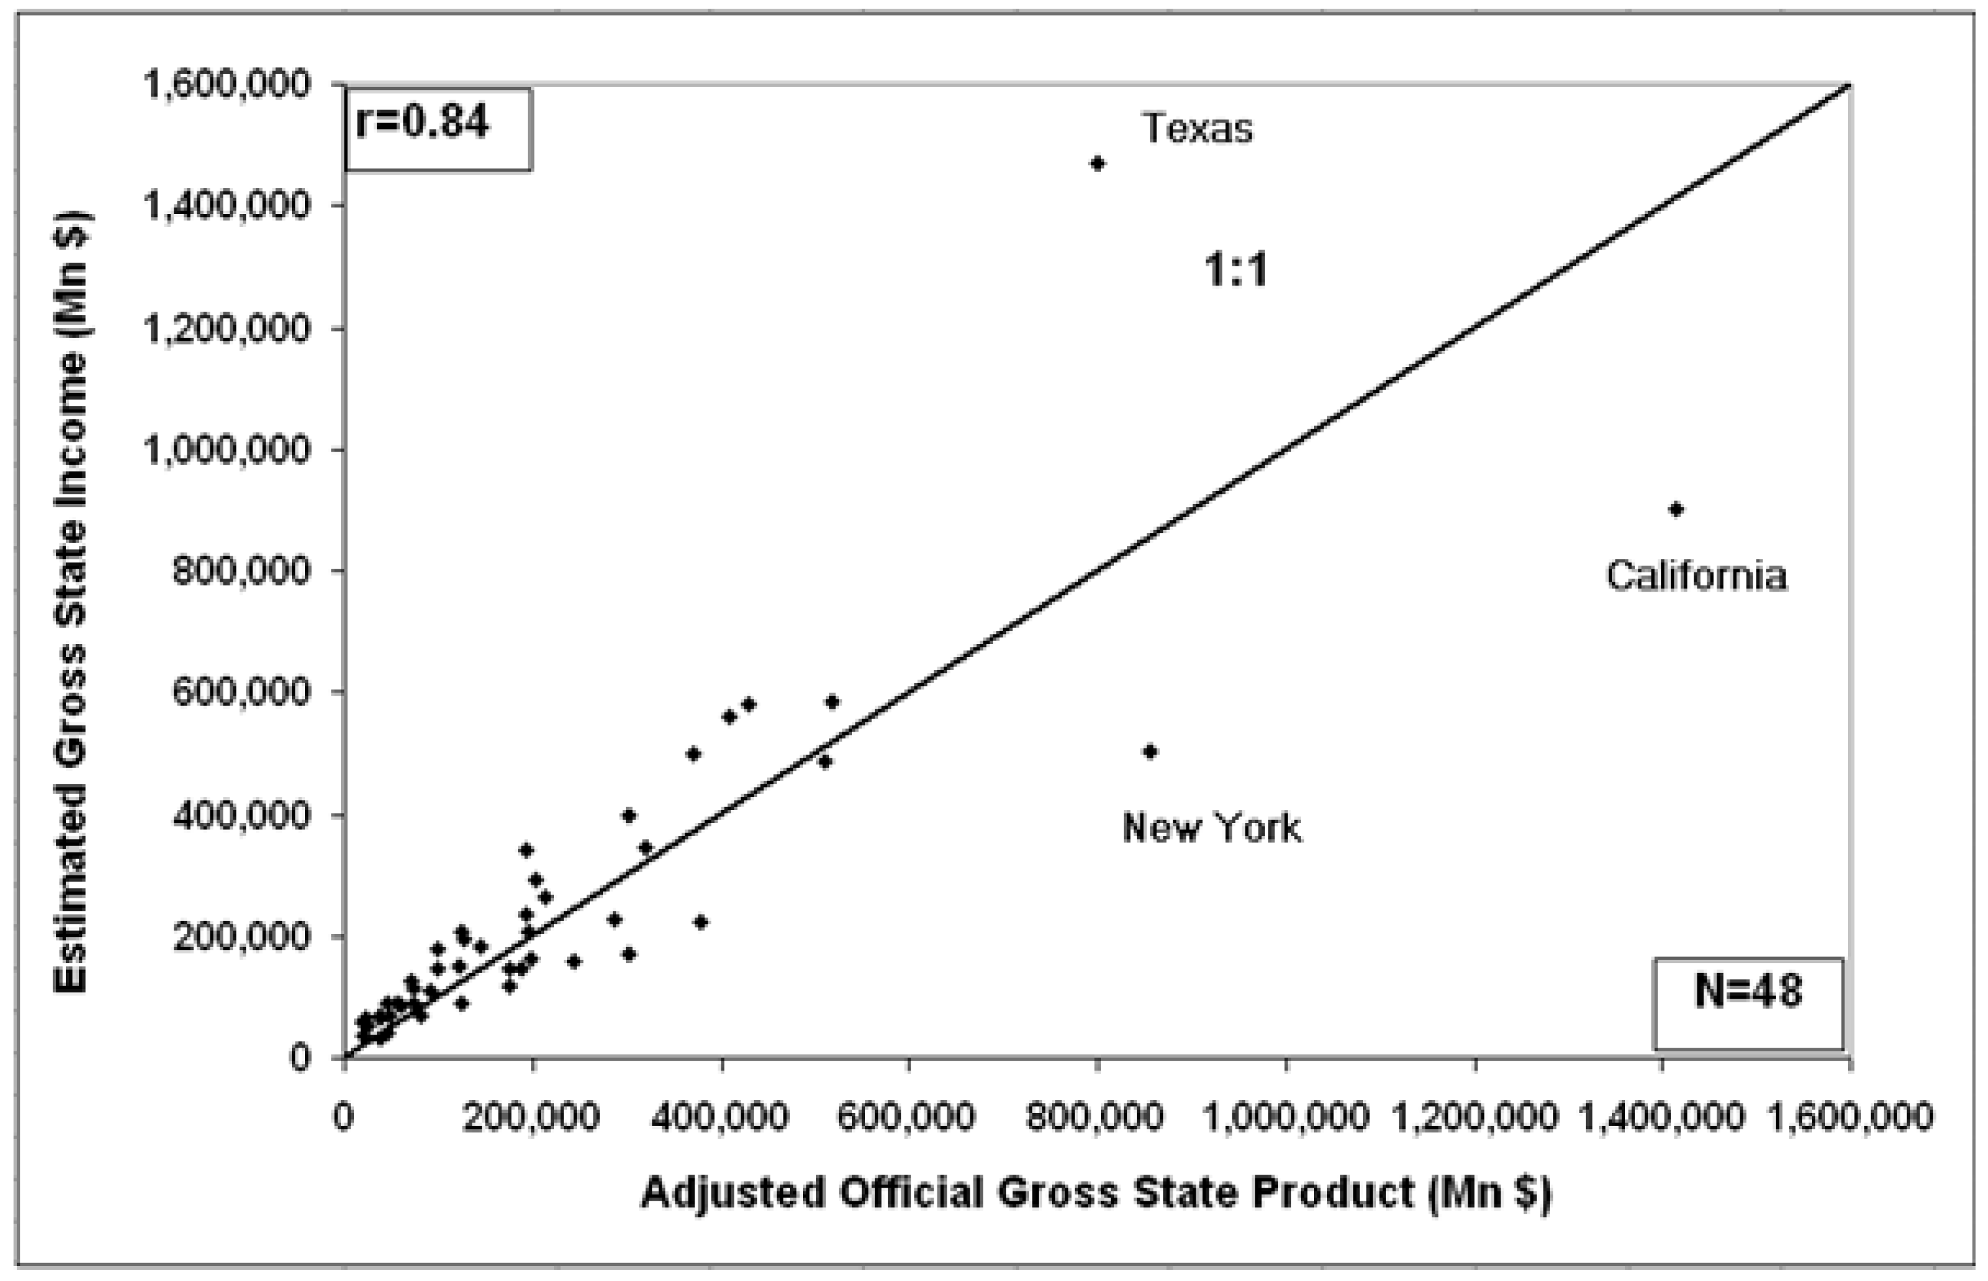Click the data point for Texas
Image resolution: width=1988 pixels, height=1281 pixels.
point(1097,164)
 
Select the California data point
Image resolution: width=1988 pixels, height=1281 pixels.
point(1676,509)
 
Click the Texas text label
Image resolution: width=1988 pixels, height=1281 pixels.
point(1197,129)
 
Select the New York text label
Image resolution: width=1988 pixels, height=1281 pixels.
point(1212,827)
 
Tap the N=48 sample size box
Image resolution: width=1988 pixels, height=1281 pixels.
point(1748,992)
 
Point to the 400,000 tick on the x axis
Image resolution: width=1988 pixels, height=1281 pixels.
point(720,1116)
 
